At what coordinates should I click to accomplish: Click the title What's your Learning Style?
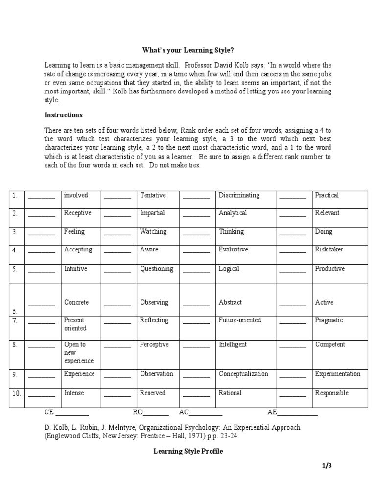tap(188, 50)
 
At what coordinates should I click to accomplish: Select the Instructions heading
tap(64, 115)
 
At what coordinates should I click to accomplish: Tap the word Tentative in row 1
tap(153, 195)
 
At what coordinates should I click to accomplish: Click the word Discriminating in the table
tap(239, 195)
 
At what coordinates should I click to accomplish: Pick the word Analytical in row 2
tap(233, 213)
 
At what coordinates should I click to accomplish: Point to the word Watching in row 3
tap(153, 231)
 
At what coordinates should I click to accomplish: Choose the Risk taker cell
tap(329, 250)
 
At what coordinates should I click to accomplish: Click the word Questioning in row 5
tap(156, 269)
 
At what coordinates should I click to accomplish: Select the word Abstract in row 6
tap(230, 302)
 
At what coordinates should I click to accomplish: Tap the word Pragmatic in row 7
tap(329, 320)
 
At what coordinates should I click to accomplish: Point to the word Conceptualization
tap(243, 374)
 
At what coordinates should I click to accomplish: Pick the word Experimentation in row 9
tap(338, 374)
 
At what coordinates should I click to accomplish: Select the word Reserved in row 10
tap(153, 393)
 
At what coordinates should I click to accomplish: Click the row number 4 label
tap(15, 250)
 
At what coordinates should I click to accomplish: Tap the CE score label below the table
tap(49, 412)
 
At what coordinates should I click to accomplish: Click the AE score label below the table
tap(272, 412)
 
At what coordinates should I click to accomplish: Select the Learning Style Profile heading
tap(188, 451)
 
